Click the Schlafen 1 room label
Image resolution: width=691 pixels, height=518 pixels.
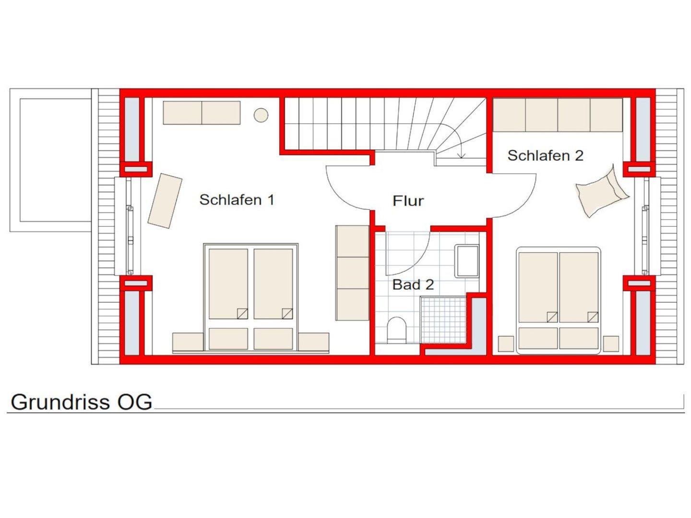click(237, 200)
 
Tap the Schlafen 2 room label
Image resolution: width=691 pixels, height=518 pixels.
click(545, 155)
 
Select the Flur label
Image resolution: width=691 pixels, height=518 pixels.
click(408, 201)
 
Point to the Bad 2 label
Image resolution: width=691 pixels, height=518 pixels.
click(413, 284)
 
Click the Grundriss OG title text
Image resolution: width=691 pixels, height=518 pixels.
click(81, 401)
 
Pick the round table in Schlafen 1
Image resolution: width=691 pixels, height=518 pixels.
click(261, 115)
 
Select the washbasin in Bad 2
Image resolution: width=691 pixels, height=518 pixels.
click(467, 261)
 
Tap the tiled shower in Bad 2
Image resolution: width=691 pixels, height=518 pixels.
click(443, 319)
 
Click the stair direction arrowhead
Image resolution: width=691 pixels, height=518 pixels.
click(462, 155)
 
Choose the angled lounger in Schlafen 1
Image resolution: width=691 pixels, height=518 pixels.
click(165, 200)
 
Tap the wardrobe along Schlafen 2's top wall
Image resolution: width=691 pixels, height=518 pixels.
click(558, 115)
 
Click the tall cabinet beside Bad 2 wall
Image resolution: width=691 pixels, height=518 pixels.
click(353, 273)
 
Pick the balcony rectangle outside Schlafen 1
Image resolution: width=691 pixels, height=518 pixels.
click(51, 160)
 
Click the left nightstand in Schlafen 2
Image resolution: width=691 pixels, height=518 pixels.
click(506, 344)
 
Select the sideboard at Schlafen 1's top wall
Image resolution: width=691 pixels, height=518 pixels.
click(202, 113)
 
